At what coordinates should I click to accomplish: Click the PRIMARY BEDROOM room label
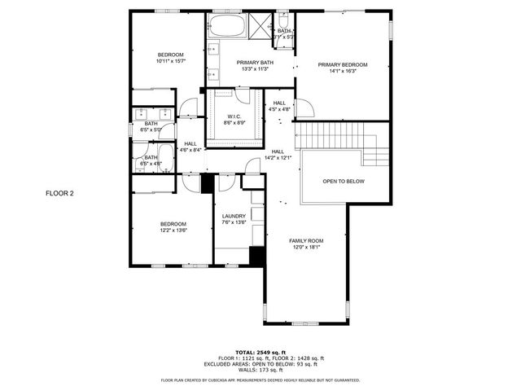tap(343, 64)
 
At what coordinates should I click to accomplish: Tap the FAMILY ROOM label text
tap(306, 241)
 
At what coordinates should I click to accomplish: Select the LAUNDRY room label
tap(234, 216)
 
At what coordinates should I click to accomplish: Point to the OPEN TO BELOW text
tap(344, 181)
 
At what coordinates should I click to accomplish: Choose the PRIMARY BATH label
tap(255, 63)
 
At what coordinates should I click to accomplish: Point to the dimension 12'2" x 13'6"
tap(173, 231)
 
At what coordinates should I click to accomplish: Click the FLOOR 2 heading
tap(59, 194)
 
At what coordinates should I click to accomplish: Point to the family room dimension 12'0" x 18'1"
tap(306, 248)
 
